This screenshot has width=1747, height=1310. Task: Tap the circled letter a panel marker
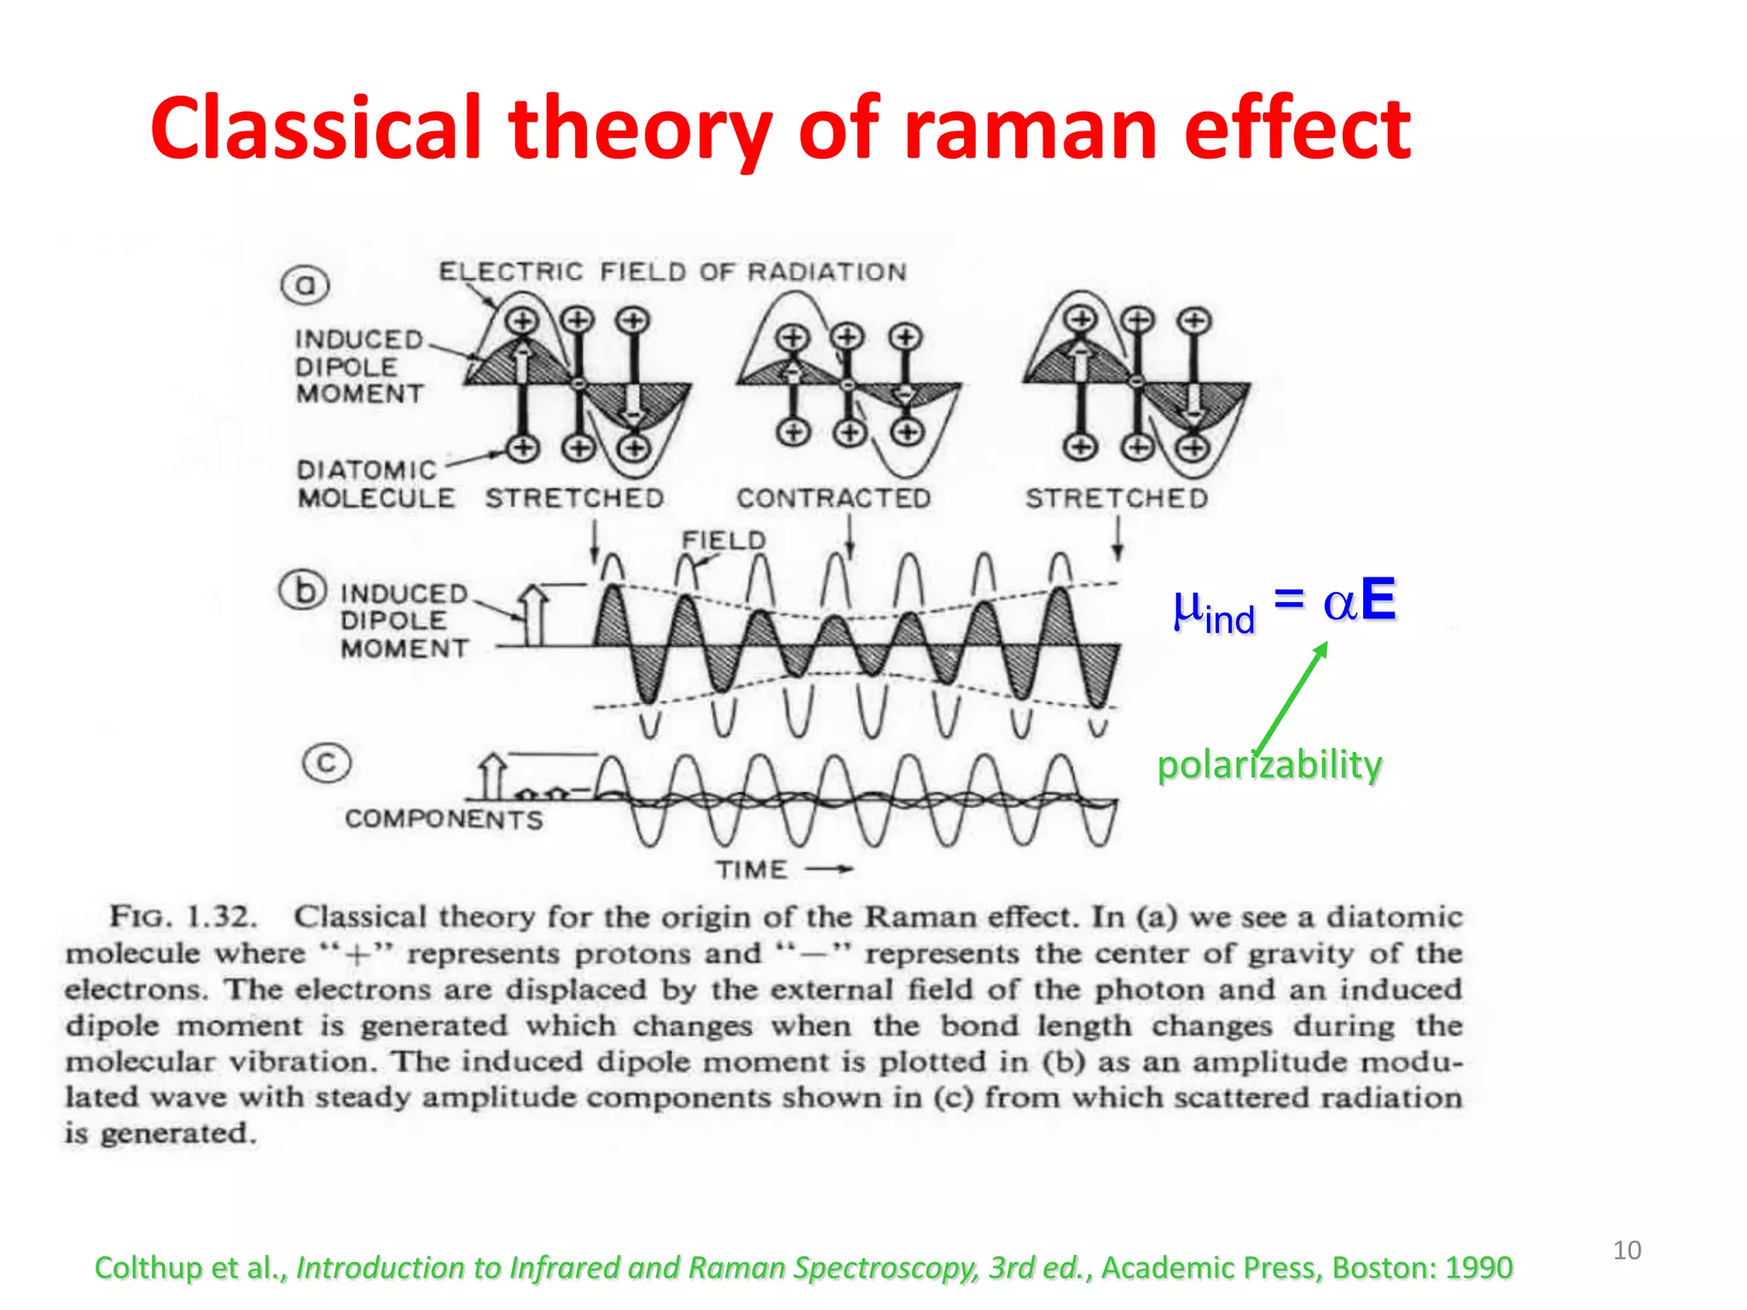tap(305, 285)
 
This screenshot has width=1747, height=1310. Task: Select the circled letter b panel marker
tap(303, 590)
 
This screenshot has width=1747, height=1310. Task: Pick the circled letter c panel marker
tap(327, 762)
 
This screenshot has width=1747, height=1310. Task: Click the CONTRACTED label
tap(833, 498)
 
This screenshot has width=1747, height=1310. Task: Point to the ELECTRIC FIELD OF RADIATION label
tap(672, 271)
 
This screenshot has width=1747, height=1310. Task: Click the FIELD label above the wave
tap(723, 540)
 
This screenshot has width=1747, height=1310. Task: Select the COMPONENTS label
tap(444, 819)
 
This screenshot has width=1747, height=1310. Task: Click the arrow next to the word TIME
tap(829, 869)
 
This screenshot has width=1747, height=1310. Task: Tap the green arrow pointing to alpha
tap(1291, 697)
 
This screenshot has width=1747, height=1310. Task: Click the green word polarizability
tap(1268, 764)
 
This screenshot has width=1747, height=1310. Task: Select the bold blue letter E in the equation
tap(1378, 600)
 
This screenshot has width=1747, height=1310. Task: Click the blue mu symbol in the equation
tap(1187, 607)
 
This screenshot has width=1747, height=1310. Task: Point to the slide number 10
tap(1626, 1250)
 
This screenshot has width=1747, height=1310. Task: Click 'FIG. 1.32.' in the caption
tap(183, 917)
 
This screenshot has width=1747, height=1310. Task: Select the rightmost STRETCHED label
tap(1116, 498)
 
